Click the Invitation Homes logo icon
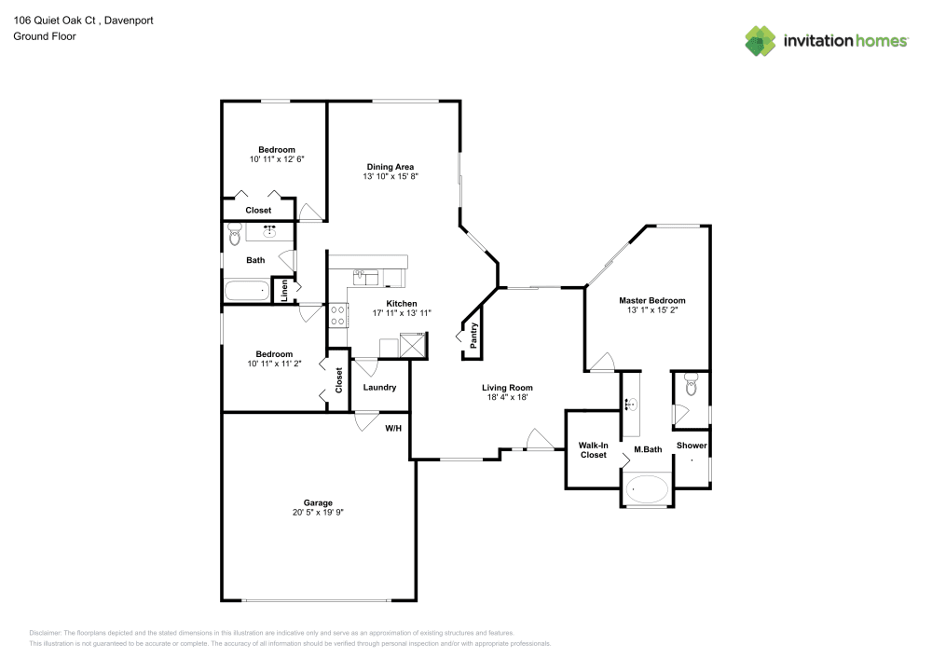pyautogui.click(x=761, y=40)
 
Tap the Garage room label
pyautogui.click(x=318, y=502)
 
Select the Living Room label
pyautogui.click(x=506, y=387)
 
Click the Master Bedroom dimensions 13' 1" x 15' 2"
pyautogui.click(x=652, y=310)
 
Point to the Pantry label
pyautogui.click(x=474, y=335)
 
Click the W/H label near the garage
pyautogui.click(x=393, y=429)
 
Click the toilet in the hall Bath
pyautogui.click(x=233, y=238)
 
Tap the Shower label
pyautogui.click(x=692, y=446)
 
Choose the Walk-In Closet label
pyautogui.click(x=593, y=450)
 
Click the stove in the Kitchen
pyautogui.click(x=337, y=314)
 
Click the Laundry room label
pyautogui.click(x=379, y=387)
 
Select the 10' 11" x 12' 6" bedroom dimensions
pyautogui.click(x=277, y=159)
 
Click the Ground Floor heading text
pyautogui.click(x=45, y=36)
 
